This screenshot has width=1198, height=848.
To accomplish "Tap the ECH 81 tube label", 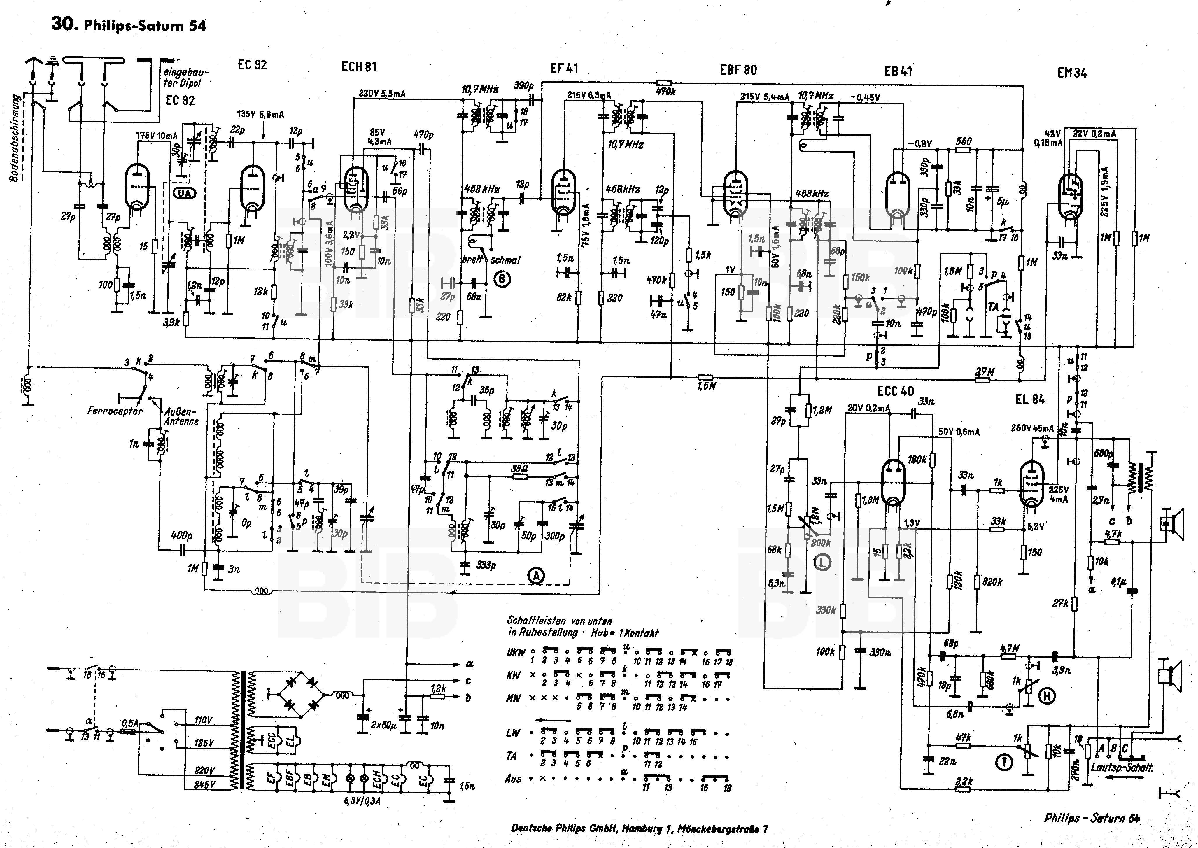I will [359, 67].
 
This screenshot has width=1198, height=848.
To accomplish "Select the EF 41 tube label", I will [564, 69].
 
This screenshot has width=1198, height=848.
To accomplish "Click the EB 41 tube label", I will [898, 71].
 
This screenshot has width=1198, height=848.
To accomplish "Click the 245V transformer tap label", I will [204, 784].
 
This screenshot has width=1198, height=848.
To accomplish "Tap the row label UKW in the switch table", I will [514, 653].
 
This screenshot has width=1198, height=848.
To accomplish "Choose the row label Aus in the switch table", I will [513, 779].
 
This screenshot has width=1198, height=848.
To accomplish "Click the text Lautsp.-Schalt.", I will [1122, 768].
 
